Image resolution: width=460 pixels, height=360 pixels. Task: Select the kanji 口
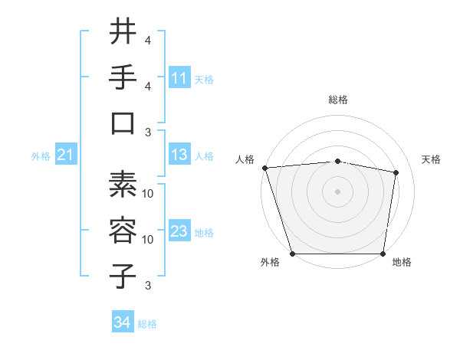coord(123,123)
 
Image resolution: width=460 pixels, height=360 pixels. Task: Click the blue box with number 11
coord(179,78)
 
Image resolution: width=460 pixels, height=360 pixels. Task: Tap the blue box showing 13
coord(179,155)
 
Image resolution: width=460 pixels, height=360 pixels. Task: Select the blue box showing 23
coord(179,232)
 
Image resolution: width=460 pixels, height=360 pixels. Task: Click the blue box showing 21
coord(66,155)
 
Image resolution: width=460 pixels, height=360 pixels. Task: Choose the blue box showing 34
coord(123,323)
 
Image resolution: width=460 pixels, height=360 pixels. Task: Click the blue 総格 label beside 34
coord(147,324)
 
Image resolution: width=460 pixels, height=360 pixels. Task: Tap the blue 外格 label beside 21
coord(41,156)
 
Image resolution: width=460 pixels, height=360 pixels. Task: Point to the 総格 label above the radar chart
coord(338,100)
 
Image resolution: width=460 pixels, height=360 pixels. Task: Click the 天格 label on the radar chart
coord(431,159)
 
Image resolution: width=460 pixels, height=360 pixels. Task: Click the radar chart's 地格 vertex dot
coord(383,254)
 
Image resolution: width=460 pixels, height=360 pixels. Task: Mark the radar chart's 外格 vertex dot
coord(292,254)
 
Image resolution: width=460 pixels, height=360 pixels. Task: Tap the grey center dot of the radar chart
coord(337,191)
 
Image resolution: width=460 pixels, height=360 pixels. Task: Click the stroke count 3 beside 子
coord(148,286)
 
